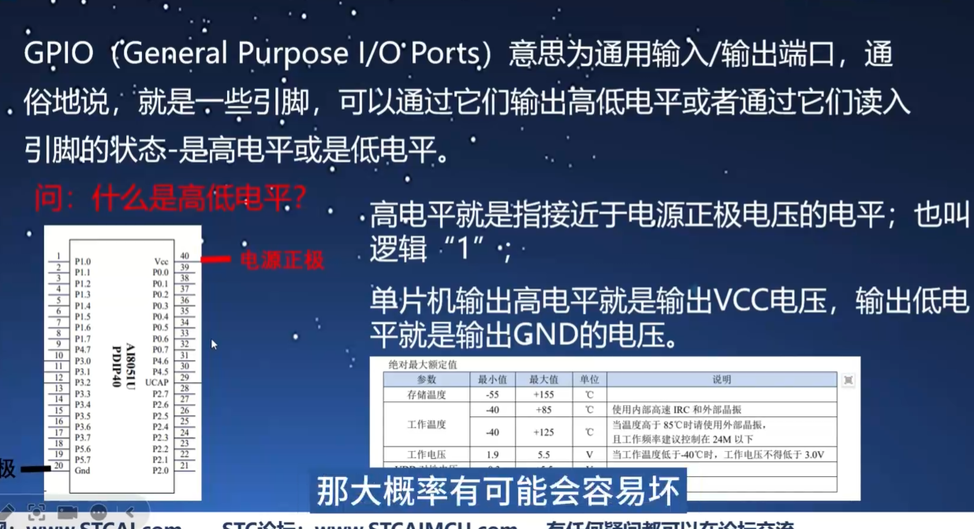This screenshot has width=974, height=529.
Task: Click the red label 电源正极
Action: click(x=282, y=260)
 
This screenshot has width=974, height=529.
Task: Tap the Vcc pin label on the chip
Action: click(x=161, y=261)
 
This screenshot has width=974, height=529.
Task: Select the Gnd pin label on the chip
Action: click(x=82, y=471)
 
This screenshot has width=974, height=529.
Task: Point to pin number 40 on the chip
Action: click(x=185, y=255)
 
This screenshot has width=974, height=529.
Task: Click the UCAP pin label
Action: click(x=157, y=382)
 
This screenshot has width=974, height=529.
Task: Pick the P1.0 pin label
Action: click(x=82, y=261)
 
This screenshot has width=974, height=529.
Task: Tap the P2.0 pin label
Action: click(x=160, y=471)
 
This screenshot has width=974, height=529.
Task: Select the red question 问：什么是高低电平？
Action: click(x=170, y=199)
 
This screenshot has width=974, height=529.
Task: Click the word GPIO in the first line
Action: click(x=62, y=54)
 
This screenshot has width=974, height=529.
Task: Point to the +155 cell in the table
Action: click(x=544, y=394)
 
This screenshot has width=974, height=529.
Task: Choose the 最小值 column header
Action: click(x=493, y=379)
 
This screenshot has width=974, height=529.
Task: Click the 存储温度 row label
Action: click(x=427, y=394)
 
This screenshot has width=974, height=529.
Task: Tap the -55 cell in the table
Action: click(x=493, y=394)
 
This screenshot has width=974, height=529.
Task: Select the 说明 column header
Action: click(x=722, y=379)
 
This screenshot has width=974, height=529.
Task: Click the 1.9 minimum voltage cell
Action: click(x=493, y=455)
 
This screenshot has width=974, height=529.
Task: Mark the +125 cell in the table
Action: click(x=544, y=432)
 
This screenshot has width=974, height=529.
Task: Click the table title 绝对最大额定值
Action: click(x=423, y=365)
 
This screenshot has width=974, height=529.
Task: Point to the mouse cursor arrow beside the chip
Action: click(x=214, y=344)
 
